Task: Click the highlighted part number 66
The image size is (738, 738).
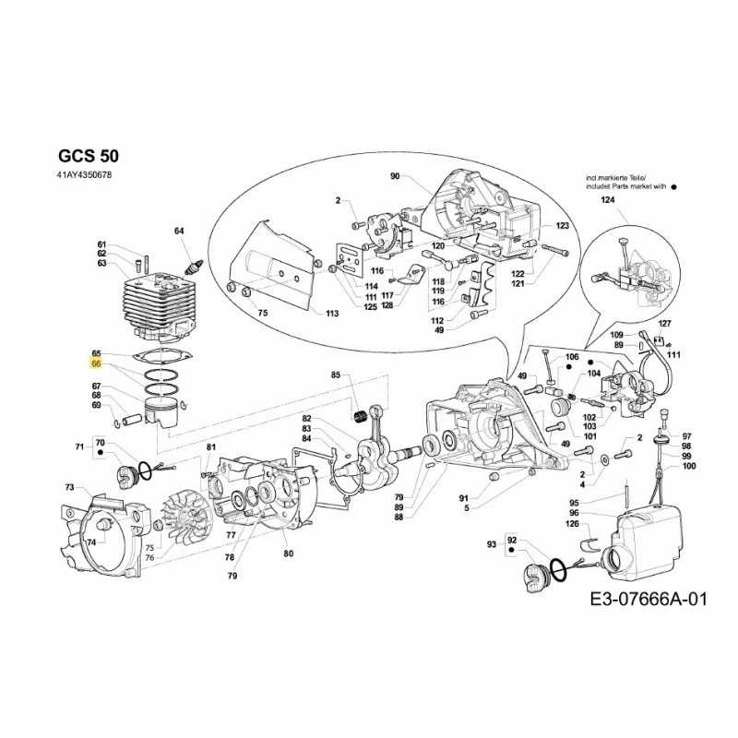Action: (96, 366)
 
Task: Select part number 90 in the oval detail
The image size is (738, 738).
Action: (395, 176)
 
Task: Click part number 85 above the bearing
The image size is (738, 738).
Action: (336, 375)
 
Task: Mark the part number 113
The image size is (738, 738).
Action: (331, 314)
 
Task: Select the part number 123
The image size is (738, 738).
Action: (562, 226)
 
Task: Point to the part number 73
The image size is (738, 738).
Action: (69, 487)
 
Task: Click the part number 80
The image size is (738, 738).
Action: (289, 553)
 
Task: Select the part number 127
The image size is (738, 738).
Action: (665, 323)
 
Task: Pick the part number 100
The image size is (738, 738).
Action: (687, 467)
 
